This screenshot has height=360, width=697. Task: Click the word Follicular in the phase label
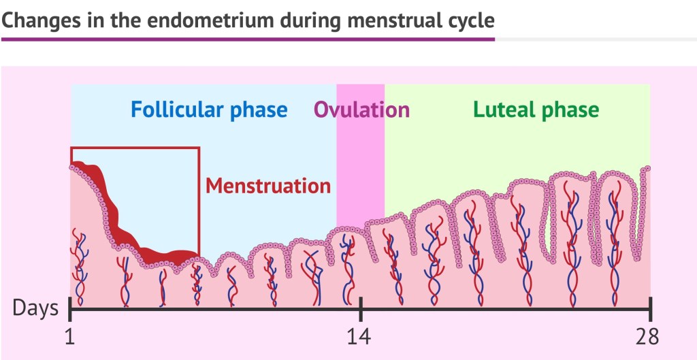click(174, 110)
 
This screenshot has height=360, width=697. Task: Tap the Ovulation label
click(361, 110)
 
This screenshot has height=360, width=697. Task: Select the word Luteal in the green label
click(504, 110)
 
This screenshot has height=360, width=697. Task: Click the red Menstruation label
click(268, 185)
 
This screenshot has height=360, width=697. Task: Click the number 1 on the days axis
click(70, 336)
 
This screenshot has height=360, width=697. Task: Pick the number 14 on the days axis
click(360, 336)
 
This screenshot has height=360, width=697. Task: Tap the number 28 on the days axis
click(646, 336)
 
